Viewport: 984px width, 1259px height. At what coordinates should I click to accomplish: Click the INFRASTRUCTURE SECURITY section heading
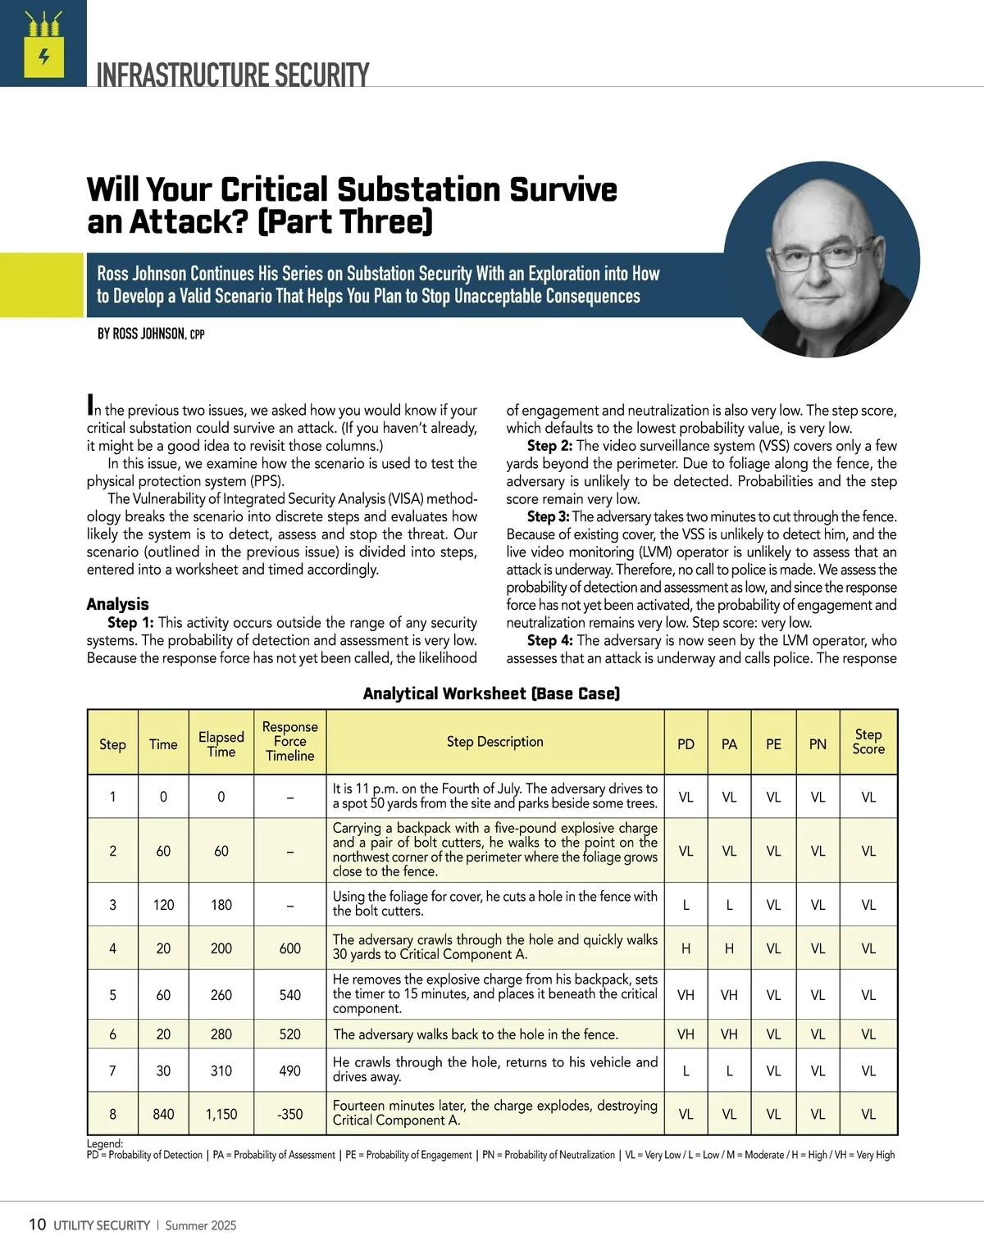point(233,75)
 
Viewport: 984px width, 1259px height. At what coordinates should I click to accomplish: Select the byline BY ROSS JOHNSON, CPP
point(151,334)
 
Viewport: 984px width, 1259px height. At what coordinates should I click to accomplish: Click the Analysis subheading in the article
point(117,604)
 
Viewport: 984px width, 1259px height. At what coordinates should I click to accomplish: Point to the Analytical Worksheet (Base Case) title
point(491,693)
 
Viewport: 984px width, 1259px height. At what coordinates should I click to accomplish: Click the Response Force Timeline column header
point(289,742)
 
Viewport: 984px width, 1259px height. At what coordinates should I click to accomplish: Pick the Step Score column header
point(868,742)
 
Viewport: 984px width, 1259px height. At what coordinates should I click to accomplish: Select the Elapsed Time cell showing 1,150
point(221,1114)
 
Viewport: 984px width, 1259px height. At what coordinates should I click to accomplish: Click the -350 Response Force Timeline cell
point(289,1114)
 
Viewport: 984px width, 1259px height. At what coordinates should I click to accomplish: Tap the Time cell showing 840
point(163,1114)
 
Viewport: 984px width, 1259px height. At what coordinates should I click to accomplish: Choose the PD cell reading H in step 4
point(686,948)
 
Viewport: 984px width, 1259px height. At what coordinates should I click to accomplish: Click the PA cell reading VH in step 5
point(729,995)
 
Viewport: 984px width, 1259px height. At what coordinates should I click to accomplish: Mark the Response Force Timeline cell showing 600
point(289,948)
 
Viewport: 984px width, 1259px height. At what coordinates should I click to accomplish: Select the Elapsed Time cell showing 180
point(221,905)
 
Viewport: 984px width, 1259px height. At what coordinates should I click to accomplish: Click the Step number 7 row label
point(112,1070)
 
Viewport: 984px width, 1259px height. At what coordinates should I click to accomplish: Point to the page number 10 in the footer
point(37,1225)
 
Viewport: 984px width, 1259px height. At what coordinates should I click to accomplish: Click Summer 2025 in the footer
point(201,1225)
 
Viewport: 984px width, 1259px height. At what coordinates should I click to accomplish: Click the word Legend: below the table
point(104,1143)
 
